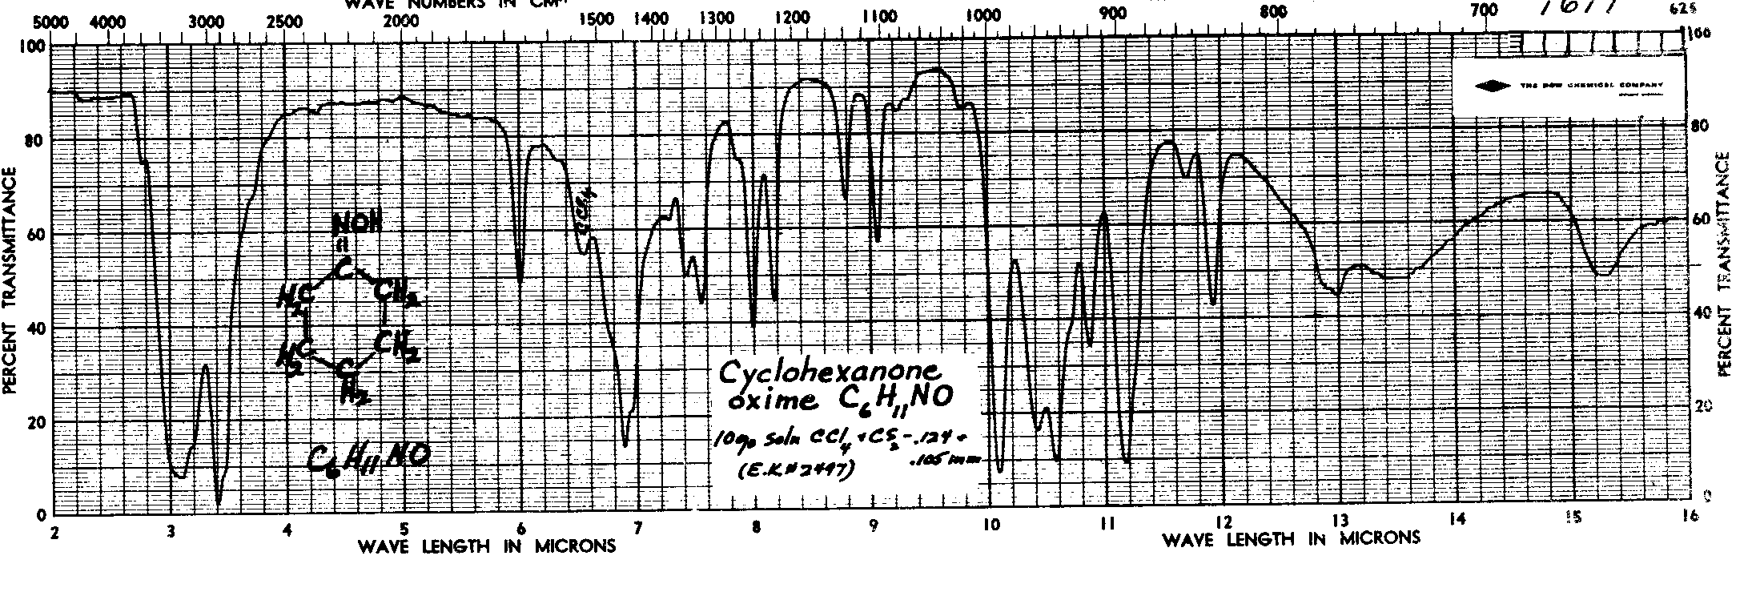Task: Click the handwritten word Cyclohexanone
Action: (826, 373)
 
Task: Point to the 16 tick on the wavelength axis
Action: (1690, 518)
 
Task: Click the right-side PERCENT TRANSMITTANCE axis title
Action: (1724, 264)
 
